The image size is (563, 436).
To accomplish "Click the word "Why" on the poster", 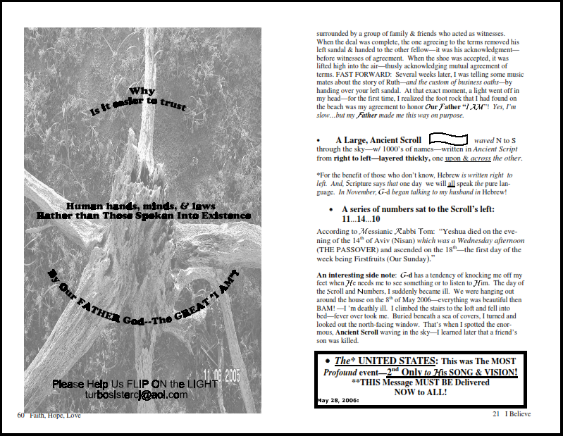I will (x=142, y=92).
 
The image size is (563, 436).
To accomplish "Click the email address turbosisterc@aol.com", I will (x=136, y=395).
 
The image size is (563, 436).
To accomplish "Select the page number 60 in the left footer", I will (x=21, y=415).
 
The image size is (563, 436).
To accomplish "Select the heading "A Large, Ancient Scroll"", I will (x=378, y=141).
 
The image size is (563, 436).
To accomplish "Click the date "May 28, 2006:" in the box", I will (x=338, y=400).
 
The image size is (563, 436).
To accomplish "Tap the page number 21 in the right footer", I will (x=496, y=415).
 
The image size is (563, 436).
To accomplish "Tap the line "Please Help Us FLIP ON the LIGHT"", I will (x=135, y=384).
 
